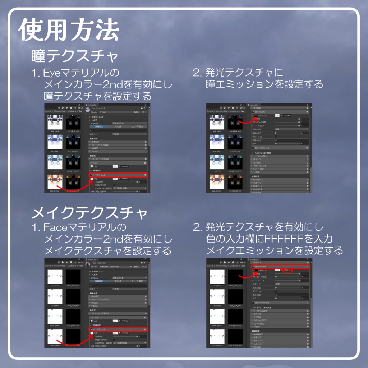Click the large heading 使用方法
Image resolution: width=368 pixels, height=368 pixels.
click(68, 30)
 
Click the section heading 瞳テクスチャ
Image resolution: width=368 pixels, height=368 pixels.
click(75, 57)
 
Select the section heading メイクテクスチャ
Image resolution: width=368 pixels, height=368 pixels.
click(89, 213)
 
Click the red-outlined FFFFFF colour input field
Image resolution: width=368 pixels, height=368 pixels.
click(287, 270)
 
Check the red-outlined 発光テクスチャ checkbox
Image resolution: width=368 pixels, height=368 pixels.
click(253, 267)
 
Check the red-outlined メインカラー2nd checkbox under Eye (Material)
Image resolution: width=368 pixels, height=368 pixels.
click(91, 175)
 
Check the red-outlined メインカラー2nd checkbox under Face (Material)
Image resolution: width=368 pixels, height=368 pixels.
click(91, 330)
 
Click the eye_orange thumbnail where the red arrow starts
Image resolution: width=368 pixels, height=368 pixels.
click(55, 181)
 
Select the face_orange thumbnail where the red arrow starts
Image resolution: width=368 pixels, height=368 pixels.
click(55, 336)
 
